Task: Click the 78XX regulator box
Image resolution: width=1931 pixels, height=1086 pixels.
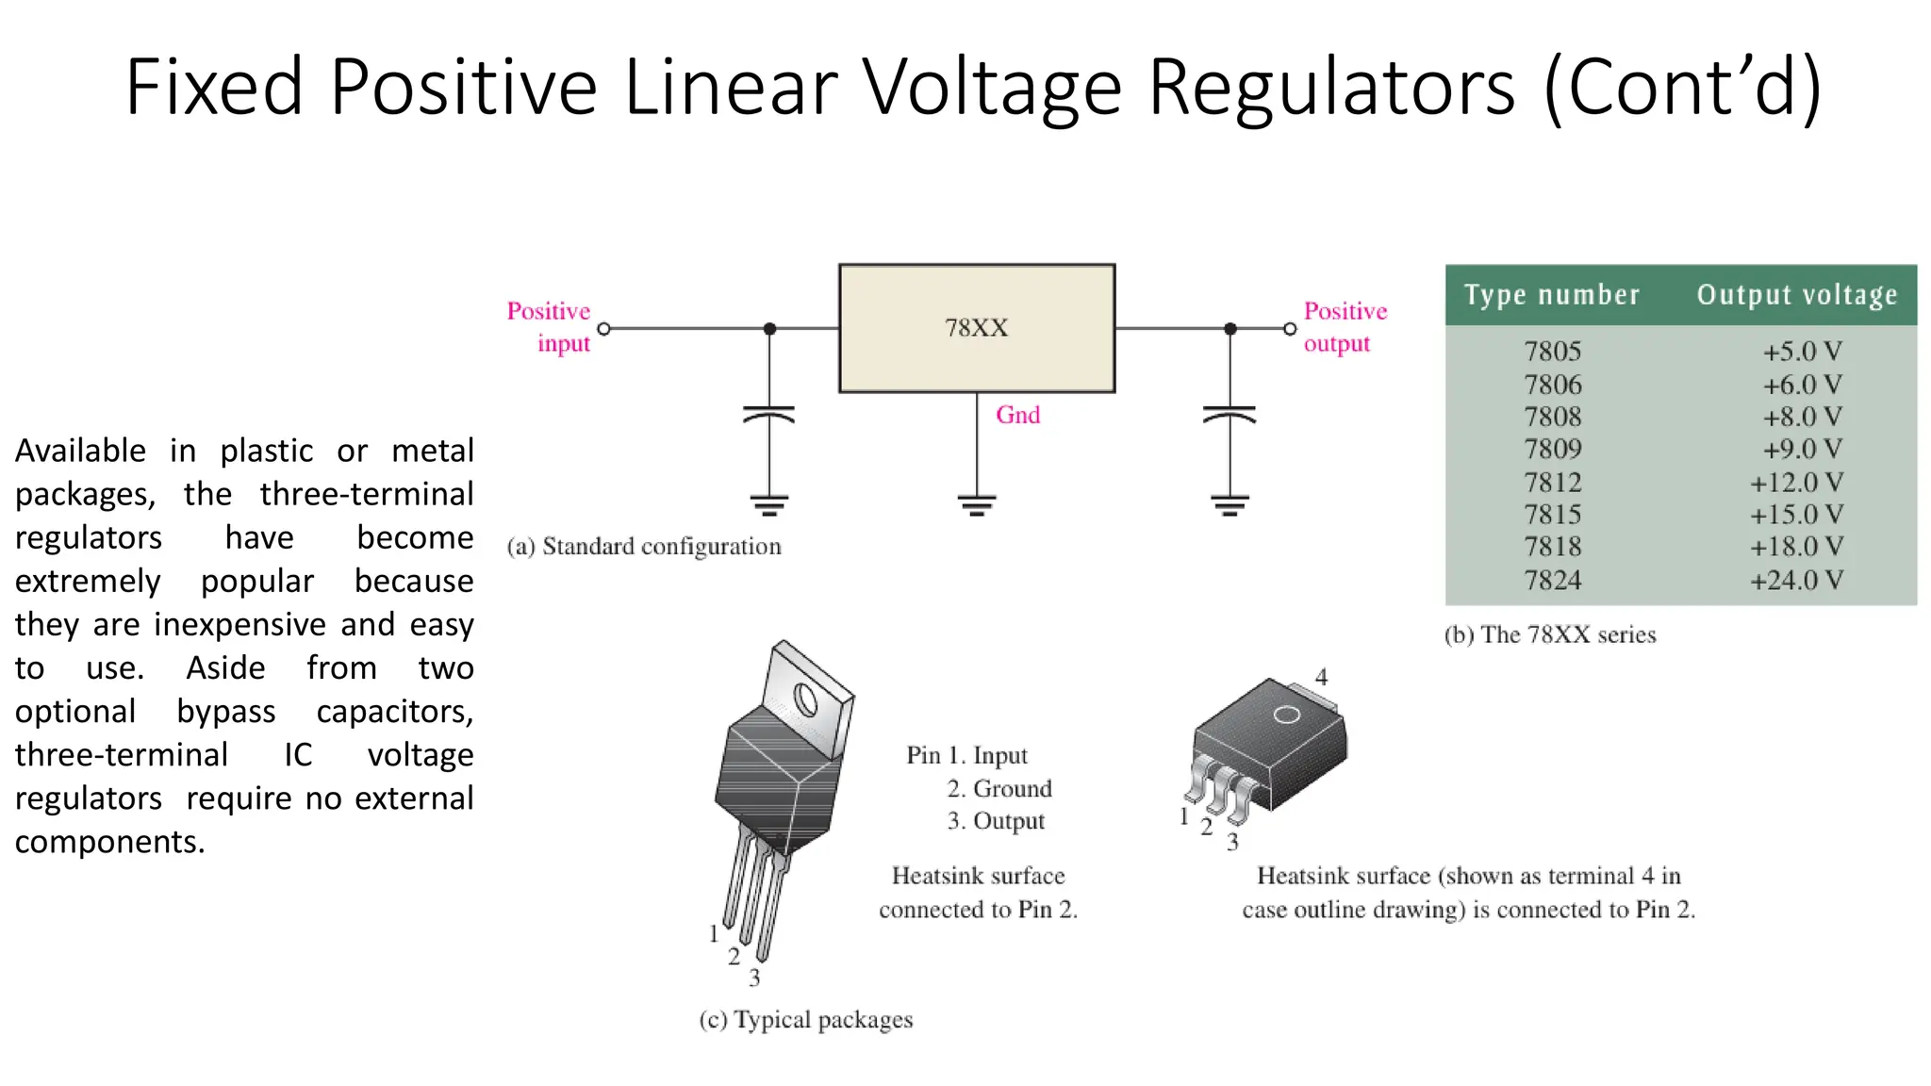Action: pos(977,328)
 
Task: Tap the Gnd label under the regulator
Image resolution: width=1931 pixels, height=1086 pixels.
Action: pos(1017,415)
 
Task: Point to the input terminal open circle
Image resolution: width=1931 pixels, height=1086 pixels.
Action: pos(604,329)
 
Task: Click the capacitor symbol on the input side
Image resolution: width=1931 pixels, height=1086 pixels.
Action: pos(769,415)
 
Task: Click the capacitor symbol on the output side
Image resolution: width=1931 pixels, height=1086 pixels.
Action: pos(1230,415)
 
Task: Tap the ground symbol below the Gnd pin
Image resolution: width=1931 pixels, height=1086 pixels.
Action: pos(977,505)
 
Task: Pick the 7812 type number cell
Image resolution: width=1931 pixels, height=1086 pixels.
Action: pos(1552,483)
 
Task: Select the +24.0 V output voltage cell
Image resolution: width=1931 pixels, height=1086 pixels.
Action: pos(1796,581)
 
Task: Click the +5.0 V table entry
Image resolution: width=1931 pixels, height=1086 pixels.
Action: pos(1802,352)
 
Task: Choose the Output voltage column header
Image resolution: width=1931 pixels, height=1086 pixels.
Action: pos(1797,295)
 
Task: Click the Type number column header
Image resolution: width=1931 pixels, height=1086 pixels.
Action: pos(1552,295)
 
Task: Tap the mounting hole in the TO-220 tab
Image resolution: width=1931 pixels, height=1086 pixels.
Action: pos(806,700)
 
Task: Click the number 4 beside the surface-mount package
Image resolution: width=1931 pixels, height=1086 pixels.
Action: pos(1321,677)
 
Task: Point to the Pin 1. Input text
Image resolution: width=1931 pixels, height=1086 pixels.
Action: pos(966,755)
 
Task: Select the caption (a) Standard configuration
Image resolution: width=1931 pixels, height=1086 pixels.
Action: pos(644,547)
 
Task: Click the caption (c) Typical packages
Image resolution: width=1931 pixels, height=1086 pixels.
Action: pos(806,1020)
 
